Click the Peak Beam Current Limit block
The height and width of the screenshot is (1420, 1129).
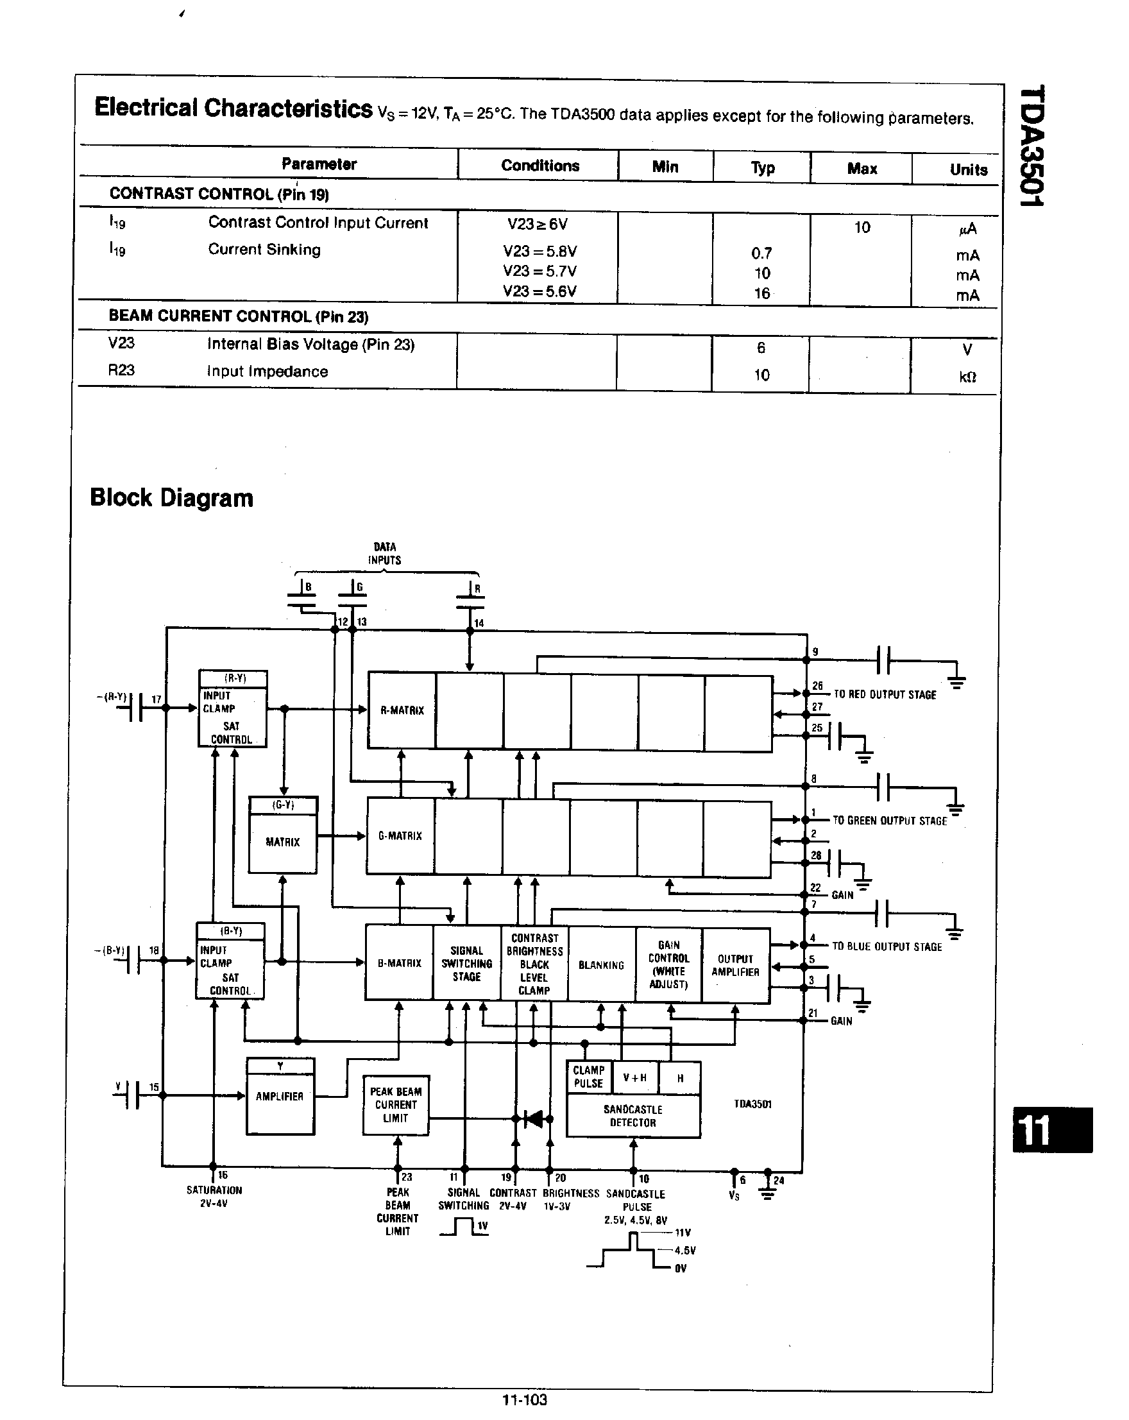pos(396,1105)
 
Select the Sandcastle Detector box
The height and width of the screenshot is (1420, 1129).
pos(632,1116)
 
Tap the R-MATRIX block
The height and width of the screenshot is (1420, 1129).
pos(402,710)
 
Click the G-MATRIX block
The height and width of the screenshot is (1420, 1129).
pos(400,836)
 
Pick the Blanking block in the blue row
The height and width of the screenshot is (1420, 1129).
pos(601,965)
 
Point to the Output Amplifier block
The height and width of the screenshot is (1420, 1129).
pos(735,966)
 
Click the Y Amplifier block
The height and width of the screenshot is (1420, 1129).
pos(280,1097)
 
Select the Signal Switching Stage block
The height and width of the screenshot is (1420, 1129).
pos(466,964)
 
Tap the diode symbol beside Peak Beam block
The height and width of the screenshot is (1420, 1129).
pos(533,1118)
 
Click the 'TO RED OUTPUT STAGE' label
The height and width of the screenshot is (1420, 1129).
pos(884,695)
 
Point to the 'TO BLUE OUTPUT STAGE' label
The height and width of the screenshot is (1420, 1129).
pos(886,946)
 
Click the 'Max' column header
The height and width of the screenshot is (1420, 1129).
pos(861,169)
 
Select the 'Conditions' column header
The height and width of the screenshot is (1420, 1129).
pos(540,166)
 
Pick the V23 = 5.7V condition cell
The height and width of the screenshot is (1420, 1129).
pos(539,271)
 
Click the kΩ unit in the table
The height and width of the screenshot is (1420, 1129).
pos(967,377)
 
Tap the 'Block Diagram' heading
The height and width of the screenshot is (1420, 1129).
pos(171,498)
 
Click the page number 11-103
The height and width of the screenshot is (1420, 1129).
pos(524,1399)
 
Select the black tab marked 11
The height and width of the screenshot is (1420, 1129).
pos(1051,1130)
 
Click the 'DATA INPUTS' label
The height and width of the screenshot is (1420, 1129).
pos(384,553)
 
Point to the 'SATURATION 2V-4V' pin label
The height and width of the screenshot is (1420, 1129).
pos(214,1197)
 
